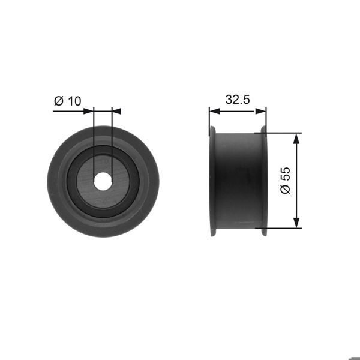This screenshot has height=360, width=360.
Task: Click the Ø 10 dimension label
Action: point(67,101)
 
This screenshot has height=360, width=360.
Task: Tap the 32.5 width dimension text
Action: point(238,100)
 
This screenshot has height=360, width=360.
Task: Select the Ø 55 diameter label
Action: point(285,180)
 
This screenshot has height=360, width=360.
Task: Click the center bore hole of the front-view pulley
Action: point(103,179)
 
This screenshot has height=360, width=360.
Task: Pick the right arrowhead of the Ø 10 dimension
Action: point(116,111)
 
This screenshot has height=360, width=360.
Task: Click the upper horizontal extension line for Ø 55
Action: point(282,133)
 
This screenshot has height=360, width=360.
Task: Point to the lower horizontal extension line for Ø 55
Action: point(282,228)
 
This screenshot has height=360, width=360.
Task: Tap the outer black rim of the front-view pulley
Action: point(60,180)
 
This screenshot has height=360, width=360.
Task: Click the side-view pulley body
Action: point(237,180)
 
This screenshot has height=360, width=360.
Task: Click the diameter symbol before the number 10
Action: point(59,101)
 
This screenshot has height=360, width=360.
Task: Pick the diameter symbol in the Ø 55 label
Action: point(285,190)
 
